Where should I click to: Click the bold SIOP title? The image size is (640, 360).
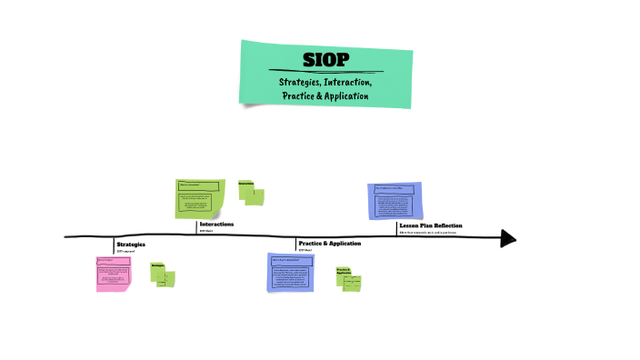tap(325, 60)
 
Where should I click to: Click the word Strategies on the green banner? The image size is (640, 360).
tap(299, 83)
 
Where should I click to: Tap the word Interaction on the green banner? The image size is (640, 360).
tap(348, 83)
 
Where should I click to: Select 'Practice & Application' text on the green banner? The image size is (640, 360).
tap(325, 96)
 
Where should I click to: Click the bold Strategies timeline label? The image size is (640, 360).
tap(131, 244)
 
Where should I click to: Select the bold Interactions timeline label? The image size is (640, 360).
tap(216, 224)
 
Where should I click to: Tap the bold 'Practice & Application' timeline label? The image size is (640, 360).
tap(329, 244)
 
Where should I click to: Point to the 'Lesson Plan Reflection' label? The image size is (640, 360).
tap(430, 225)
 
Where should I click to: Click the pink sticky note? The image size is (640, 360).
tap(113, 274)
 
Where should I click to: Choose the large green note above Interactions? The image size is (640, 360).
tap(199, 198)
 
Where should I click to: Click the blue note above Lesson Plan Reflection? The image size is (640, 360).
tap(395, 200)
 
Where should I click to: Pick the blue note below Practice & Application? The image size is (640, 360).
tap(291, 273)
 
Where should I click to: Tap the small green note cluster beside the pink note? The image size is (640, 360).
tap(164, 274)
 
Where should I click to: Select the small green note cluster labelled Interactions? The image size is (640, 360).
tap(251, 192)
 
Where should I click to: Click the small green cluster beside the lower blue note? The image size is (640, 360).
tap(348, 278)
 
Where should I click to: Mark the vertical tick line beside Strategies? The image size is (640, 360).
tap(114, 245)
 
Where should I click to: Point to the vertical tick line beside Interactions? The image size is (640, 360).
tap(196, 227)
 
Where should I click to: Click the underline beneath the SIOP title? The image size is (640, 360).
tap(325, 71)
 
